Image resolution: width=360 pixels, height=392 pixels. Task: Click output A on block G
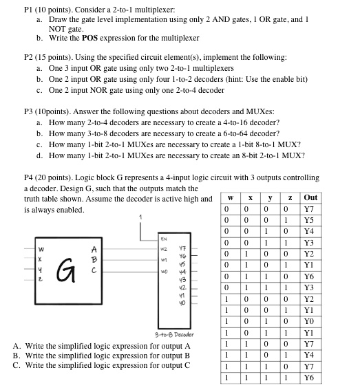click(x=94, y=249)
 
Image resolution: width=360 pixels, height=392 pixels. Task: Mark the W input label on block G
click(x=41, y=249)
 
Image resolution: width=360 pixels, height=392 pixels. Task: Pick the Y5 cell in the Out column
click(x=310, y=220)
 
